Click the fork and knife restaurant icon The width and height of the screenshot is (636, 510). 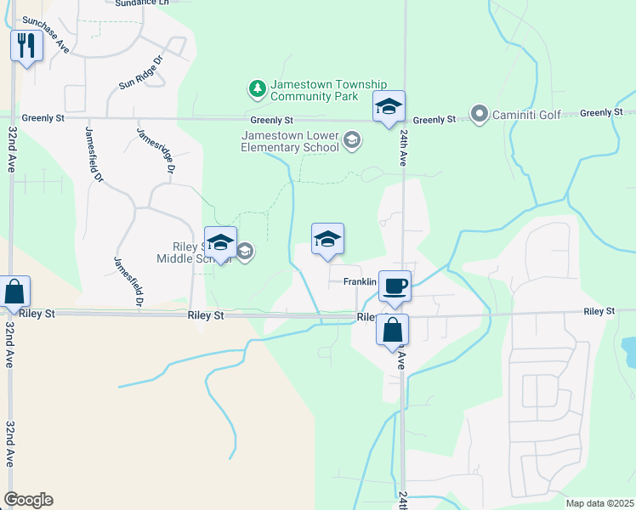[x=26, y=45]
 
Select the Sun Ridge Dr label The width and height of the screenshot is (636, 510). [x=140, y=72]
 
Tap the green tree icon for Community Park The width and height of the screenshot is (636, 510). [x=256, y=88]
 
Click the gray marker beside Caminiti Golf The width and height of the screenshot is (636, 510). [x=479, y=114]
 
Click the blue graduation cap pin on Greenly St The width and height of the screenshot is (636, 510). [x=389, y=107]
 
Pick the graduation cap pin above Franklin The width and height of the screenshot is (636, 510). [x=327, y=240]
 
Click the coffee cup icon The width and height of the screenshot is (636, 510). [x=395, y=286]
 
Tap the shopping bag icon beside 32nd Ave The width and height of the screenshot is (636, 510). [x=14, y=293]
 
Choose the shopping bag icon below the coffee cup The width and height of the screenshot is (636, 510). [x=392, y=331]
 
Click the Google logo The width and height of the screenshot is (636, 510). [x=28, y=500]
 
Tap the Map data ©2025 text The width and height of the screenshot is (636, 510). [x=599, y=503]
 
